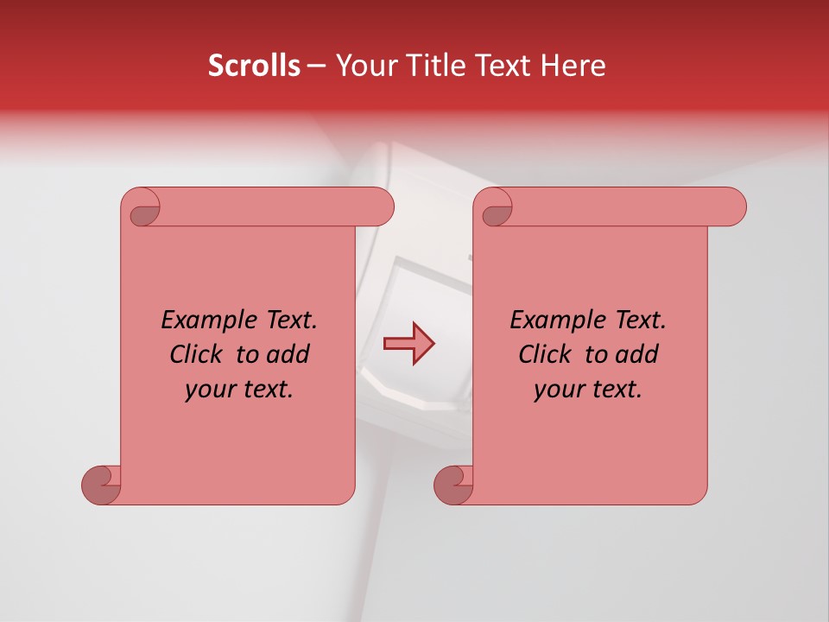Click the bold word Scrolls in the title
(x=255, y=66)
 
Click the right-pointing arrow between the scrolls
(x=408, y=344)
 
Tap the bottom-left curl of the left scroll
(x=102, y=484)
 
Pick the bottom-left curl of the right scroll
(x=454, y=484)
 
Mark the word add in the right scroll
(x=637, y=354)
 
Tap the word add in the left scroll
(x=288, y=354)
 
